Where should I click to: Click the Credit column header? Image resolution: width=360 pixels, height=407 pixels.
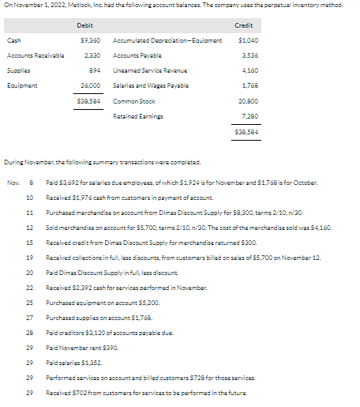[244, 25]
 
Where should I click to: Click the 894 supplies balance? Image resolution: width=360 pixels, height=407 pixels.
[92, 70]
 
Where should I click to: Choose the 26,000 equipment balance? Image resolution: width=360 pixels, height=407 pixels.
[89, 84]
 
